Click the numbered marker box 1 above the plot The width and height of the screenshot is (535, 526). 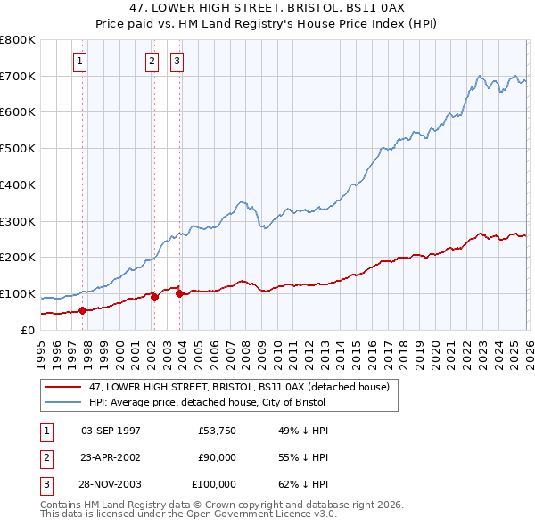click(80, 62)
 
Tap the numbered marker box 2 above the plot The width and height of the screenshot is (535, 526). click(152, 62)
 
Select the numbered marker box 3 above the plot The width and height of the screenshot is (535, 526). click(177, 62)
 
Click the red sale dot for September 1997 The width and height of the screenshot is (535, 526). click(82, 310)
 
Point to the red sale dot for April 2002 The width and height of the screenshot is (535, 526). click(154, 298)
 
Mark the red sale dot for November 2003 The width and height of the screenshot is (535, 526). click(179, 293)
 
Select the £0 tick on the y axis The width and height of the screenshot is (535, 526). click(27, 330)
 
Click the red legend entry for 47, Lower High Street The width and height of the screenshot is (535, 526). click(238, 388)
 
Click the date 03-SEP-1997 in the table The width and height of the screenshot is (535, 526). click(111, 431)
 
